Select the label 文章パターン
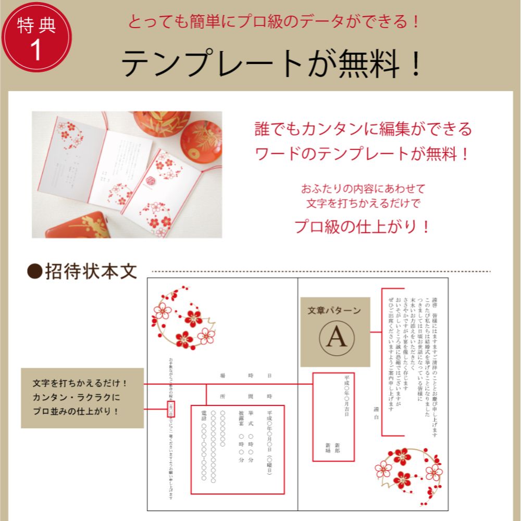(334, 311)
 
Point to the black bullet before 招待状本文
(34, 271)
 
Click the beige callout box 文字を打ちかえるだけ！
(82, 397)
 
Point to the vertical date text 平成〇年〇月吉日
(346, 394)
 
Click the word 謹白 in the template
(376, 412)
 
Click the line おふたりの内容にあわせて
(363, 188)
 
